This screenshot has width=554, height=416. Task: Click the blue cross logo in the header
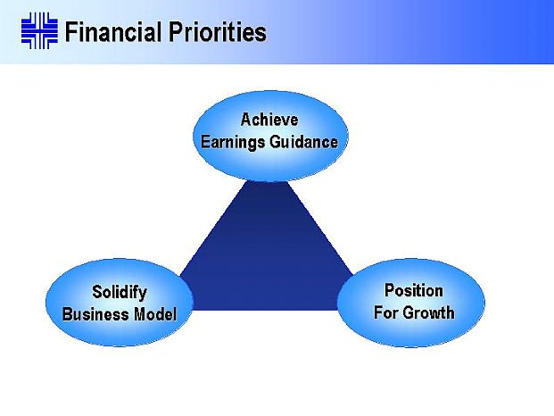(x=39, y=30)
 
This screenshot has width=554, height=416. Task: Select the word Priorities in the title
(x=218, y=32)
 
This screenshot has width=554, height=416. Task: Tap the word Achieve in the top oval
(x=269, y=120)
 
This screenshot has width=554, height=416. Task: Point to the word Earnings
(x=233, y=142)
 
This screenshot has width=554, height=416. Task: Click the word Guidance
(x=304, y=142)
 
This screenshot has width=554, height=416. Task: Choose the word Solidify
(x=120, y=293)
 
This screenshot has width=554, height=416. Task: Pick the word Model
(x=155, y=314)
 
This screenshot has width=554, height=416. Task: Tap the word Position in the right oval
(x=414, y=290)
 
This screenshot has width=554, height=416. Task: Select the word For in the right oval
(x=387, y=312)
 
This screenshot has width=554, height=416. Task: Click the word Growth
(x=429, y=312)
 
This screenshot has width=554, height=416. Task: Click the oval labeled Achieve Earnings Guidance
(x=270, y=136)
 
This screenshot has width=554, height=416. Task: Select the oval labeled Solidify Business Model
(x=120, y=303)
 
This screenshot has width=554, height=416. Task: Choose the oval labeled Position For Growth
(x=411, y=303)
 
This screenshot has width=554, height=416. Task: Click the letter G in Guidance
(x=277, y=142)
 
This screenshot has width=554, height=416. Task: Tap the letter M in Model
(x=140, y=314)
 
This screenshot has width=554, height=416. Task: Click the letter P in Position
(x=389, y=290)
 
